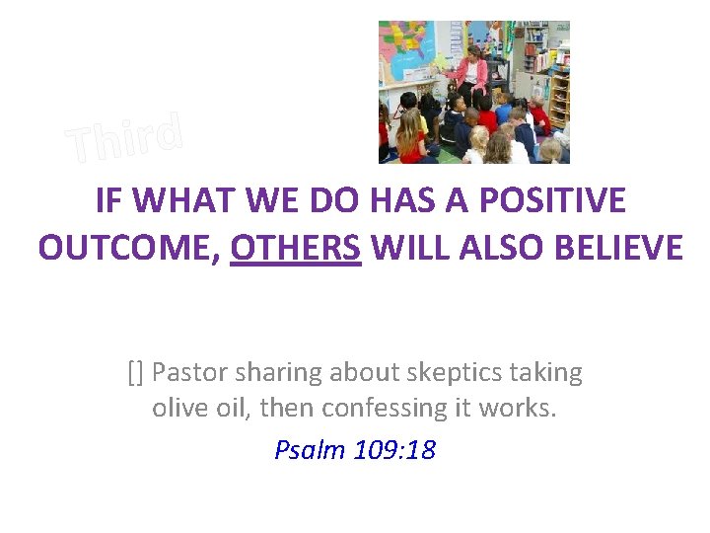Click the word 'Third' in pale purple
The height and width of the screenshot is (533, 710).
click(x=125, y=139)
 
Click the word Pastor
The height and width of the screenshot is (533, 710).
click(x=188, y=372)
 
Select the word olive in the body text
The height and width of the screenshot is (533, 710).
click(x=179, y=407)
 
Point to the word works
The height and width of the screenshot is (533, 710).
click(x=521, y=407)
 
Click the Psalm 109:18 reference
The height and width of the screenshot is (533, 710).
click(x=355, y=450)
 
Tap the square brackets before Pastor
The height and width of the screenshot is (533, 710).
click(x=136, y=372)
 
